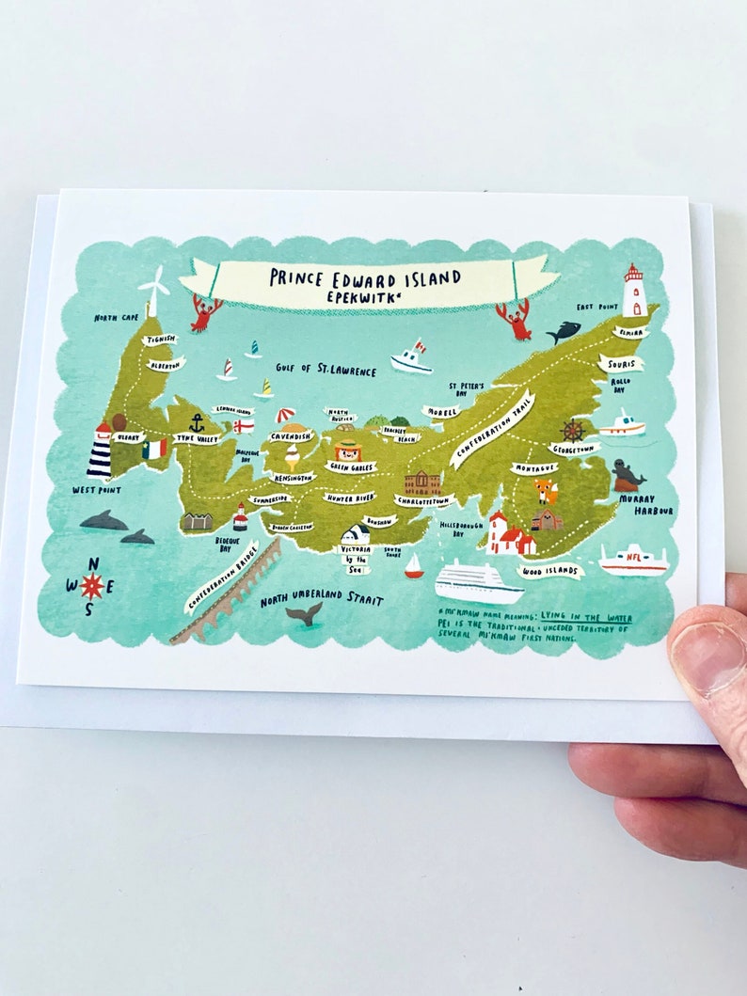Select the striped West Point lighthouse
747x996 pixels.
point(100,452)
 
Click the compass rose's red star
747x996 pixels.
point(91,587)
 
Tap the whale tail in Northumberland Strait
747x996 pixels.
point(305,613)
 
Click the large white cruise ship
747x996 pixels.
point(478,582)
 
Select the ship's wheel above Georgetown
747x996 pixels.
point(573,431)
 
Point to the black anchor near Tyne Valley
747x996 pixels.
point(197,422)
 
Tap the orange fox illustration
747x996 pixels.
point(546,490)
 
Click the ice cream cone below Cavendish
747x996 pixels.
point(294,459)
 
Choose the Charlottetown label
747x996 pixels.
point(423,501)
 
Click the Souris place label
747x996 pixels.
point(621,364)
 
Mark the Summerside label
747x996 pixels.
point(271,499)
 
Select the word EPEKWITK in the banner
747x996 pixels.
point(365,295)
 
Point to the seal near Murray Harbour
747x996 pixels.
point(628,475)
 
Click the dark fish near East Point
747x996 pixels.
point(563,331)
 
